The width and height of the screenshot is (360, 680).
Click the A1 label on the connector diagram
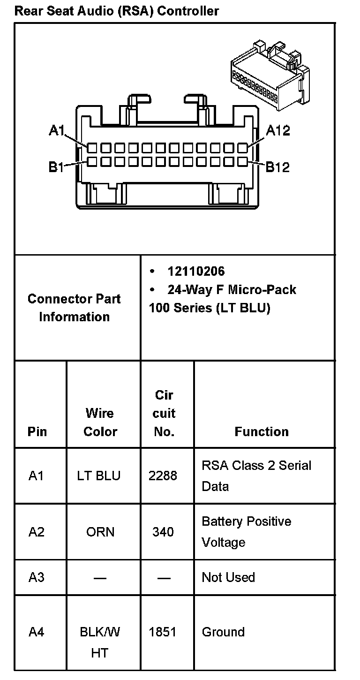[56, 130]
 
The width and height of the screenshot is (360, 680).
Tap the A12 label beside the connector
[278, 130]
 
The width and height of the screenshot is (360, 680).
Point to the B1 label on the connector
[56, 167]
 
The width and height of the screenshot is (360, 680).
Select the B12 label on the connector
[278, 167]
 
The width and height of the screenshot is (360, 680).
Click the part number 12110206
[196, 271]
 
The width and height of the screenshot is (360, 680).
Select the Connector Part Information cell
[74, 308]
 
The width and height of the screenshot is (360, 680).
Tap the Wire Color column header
[100, 422]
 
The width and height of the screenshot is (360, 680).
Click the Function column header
[262, 431]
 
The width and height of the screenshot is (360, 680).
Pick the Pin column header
[37, 431]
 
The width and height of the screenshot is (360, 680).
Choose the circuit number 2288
[163, 476]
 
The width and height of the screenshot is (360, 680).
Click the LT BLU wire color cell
[99, 476]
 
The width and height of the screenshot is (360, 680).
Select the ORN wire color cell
[100, 532]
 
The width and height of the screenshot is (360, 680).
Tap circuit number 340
[163, 532]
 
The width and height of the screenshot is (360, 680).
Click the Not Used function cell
[228, 577]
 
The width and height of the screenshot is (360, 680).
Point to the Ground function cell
[223, 632]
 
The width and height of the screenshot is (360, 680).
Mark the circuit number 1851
[163, 632]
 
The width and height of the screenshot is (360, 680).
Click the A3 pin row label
[37, 577]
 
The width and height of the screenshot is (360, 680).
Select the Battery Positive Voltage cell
[247, 532]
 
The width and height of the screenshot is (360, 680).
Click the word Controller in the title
[188, 10]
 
